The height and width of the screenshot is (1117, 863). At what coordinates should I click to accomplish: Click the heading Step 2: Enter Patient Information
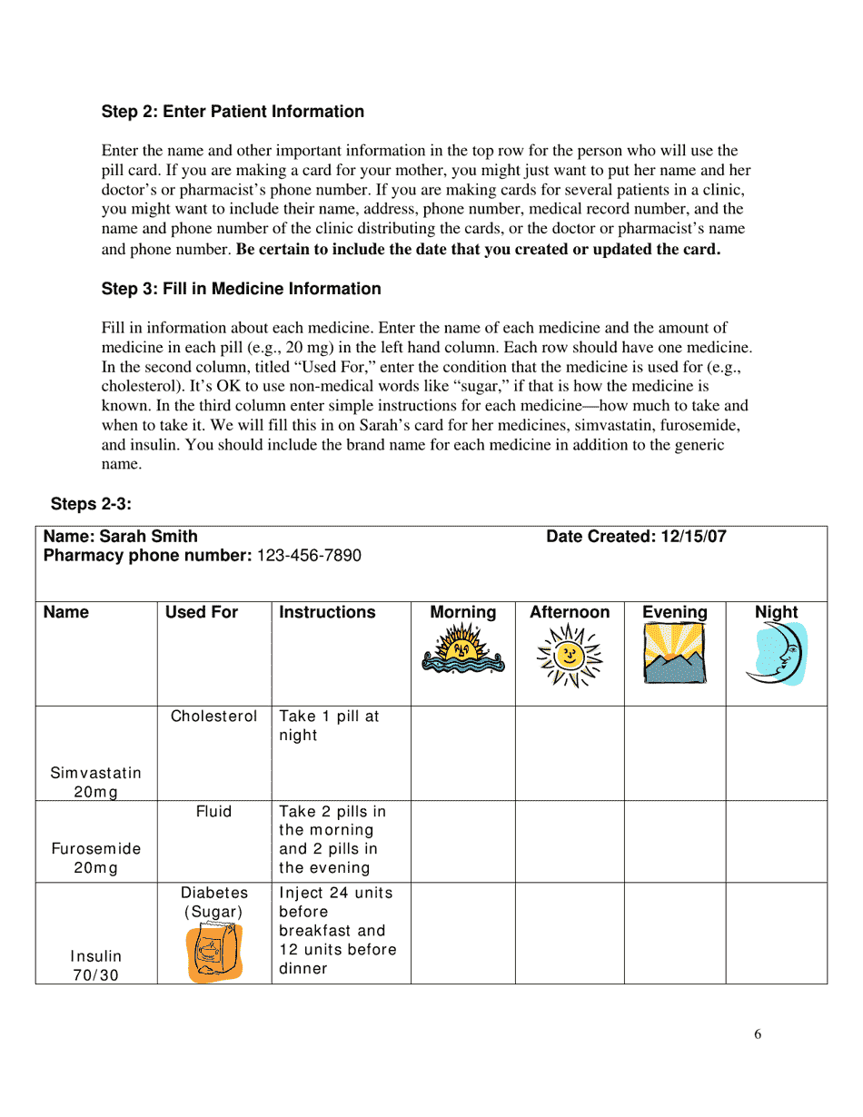(233, 112)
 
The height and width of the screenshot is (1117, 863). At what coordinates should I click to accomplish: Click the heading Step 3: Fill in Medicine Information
(241, 289)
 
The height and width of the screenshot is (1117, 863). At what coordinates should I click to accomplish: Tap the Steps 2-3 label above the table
(91, 504)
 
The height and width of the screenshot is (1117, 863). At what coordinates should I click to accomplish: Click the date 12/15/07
(693, 537)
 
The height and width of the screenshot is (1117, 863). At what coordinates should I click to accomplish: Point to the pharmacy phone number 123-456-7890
(309, 556)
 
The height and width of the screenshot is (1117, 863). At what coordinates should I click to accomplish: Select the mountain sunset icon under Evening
(674, 653)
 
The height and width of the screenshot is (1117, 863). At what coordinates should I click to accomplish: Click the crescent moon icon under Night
(778, 653)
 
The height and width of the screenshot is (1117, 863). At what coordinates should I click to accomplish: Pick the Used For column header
(201, 613)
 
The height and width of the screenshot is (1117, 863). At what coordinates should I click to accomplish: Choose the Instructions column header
(327, 613)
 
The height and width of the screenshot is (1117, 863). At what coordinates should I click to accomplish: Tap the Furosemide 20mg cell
(95, 858)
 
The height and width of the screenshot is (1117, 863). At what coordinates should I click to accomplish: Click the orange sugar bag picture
(214, 953)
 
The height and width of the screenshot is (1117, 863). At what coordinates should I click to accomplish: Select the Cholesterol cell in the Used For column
(214, 717)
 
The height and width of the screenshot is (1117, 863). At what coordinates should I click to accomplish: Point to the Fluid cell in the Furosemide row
(214, 812)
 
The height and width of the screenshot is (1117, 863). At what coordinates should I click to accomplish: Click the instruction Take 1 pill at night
(329, 726)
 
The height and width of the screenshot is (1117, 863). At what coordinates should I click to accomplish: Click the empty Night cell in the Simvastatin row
(776, 753)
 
